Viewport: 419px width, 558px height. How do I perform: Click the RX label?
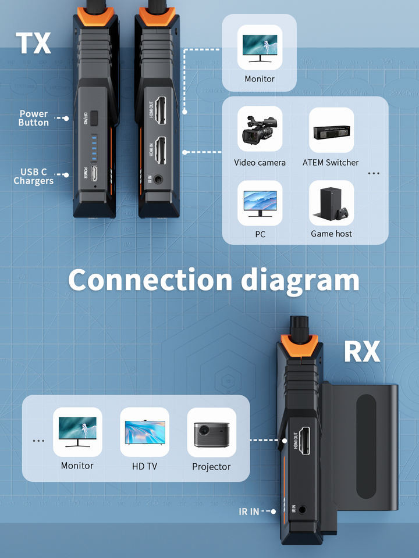click(361, 352)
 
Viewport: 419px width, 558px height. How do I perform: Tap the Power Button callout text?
click(33, 118)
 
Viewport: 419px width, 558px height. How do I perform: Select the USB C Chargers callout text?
click(33, 176)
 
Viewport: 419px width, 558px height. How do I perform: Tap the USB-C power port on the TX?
click(95, 174)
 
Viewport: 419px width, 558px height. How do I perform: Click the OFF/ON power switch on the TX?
click(94, 116)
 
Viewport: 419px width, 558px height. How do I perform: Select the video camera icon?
click(260, 129)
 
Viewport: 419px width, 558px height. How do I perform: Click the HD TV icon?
click(144, 432)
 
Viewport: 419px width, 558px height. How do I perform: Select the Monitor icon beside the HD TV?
click(77, 432)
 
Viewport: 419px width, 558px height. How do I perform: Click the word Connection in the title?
click(150, 280)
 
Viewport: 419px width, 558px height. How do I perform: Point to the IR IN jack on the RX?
click(303, 511)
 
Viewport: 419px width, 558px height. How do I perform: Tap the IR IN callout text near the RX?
click(249, 512)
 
